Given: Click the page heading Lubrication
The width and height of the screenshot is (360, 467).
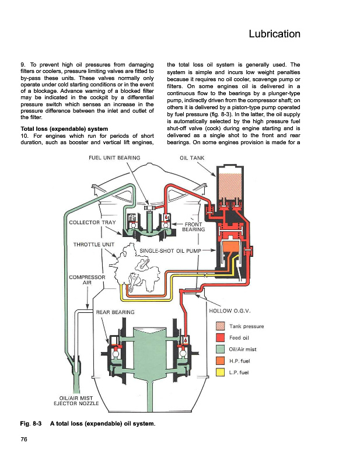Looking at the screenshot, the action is coord(274,34).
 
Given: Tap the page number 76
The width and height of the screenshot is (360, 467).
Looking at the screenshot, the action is coord(24,439).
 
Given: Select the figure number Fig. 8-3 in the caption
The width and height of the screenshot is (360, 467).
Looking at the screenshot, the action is coord(31,424).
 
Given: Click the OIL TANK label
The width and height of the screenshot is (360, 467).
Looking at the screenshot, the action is coord(192,158).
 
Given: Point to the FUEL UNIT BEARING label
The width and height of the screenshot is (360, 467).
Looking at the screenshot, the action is coord(114,158).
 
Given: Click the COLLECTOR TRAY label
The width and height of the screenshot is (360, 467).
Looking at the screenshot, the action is coord(92,222).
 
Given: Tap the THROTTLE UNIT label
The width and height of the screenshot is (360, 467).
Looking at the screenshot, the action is coord(94,245).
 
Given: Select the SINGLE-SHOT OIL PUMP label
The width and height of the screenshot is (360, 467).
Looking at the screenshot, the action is coord(170,251).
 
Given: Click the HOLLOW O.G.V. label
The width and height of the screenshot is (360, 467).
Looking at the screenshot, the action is coord(230,311).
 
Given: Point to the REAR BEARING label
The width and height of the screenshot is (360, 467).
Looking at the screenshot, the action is coord(116,312).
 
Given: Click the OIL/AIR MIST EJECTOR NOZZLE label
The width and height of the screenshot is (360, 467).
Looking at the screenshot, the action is coord(76,401).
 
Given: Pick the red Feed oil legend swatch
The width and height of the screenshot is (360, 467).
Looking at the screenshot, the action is coord(220,338).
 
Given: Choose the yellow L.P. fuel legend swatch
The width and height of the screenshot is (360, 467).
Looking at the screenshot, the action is coord(220,372).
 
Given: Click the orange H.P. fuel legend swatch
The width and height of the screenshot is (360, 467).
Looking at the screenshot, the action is coord(220,361).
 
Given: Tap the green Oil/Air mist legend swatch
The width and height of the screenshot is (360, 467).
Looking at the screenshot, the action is coord(220,349).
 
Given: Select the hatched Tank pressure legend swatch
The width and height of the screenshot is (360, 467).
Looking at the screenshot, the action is coord(220,326).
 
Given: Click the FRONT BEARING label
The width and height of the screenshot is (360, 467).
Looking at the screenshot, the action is coord(194,226).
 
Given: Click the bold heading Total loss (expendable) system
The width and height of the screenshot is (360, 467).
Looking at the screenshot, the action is coord(64,129).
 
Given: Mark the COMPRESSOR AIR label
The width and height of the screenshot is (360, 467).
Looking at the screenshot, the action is coord(87,280).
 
